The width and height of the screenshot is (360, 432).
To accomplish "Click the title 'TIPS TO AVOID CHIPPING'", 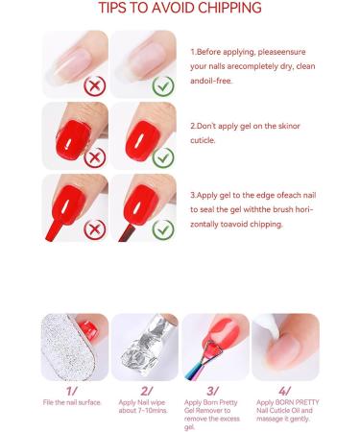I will click(x=180, y=9).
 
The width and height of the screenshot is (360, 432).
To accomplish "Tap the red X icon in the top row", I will click(x=94, y=84).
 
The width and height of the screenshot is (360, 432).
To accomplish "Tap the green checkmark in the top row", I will click(x=163, y=84).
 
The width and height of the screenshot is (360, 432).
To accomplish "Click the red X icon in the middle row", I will click(x=94, y=156).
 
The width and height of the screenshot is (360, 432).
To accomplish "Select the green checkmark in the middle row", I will click(x=163, y=156).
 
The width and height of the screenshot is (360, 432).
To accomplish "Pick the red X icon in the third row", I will click(x=94, y=228).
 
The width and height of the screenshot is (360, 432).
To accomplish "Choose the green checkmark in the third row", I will click(x=163, y=228).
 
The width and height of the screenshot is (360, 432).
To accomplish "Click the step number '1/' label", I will click(x=73, y=391).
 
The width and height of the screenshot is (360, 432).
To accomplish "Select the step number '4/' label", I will click(x=285, y=391).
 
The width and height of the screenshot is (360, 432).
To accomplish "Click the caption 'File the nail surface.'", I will click(x=73, y=402).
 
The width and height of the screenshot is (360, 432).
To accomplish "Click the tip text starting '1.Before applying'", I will click(x=252, y=67).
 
